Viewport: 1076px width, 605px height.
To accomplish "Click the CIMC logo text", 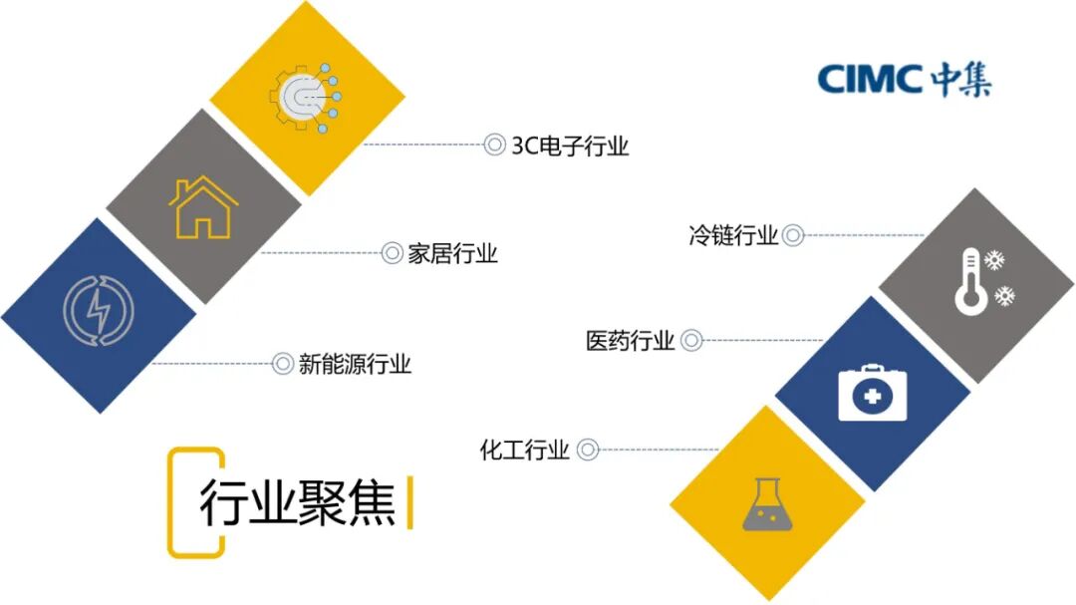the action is pyautogui.click(x=871, y=79).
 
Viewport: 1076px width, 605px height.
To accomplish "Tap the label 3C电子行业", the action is pyautogui.click(x=570, y=146).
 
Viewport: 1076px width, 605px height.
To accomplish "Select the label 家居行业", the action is pyautogui.click(x=452, y=253).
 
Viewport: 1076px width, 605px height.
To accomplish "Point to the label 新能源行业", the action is pyautogui.click(x=355, y=364).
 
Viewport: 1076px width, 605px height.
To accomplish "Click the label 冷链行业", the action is pyautogui.click(x=732, y=236).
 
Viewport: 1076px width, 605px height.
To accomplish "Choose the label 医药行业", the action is pyautogui.click(x=630, y=341).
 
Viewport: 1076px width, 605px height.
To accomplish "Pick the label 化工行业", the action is pyautogui.click(x=525, y=451).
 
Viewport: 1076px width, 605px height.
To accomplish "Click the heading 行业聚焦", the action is pyautogui.click(x=297, y=503).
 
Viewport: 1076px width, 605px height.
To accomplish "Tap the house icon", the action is pyautogui.click(x=203, y=207).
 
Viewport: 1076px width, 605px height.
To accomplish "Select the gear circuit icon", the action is pyautogui.click(x=305, y=96).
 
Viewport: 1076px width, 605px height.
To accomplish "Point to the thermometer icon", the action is pyautogui.click(x=970, y=283).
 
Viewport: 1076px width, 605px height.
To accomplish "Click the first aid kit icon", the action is pyautogui.click(x=872, y=394).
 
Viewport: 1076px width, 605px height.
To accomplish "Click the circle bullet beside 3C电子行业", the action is pyautogui.click(x=495, y=146).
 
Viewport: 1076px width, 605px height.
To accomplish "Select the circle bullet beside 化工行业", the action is pyautogui.click(x=588, y=451).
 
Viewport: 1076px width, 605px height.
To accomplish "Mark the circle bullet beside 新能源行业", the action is pyautogui.click(x=283, y=364).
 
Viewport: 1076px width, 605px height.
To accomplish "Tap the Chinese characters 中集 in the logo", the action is pyautogui.click(x=961, y=79).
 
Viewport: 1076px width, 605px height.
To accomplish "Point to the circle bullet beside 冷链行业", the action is pyautogui.click(x=793, y=236).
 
